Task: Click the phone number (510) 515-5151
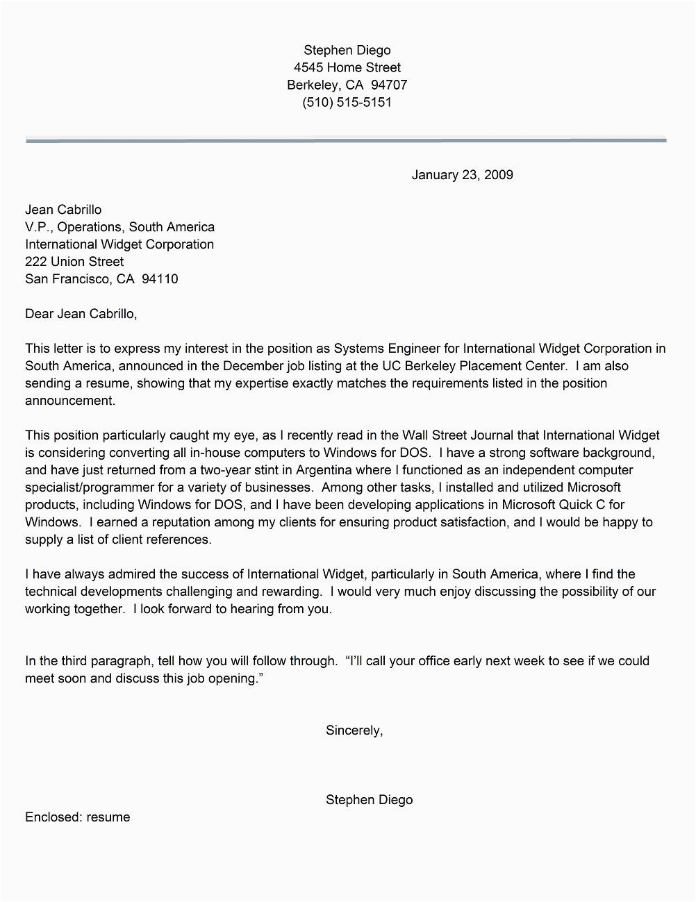point(347,102)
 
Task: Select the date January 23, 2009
point(462,175)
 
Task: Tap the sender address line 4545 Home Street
point(347,67)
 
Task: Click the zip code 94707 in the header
point(389,85)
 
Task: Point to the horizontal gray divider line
point(346,140)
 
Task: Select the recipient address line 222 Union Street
point(74,262)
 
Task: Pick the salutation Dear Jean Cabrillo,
point(81,314)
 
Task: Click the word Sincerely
point(353,730)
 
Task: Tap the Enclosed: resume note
point(77,817)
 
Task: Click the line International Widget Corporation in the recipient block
point(119,244)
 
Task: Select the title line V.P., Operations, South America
point(119,227)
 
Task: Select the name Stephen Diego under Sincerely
point(369,800)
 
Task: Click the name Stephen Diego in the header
point(347,50)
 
